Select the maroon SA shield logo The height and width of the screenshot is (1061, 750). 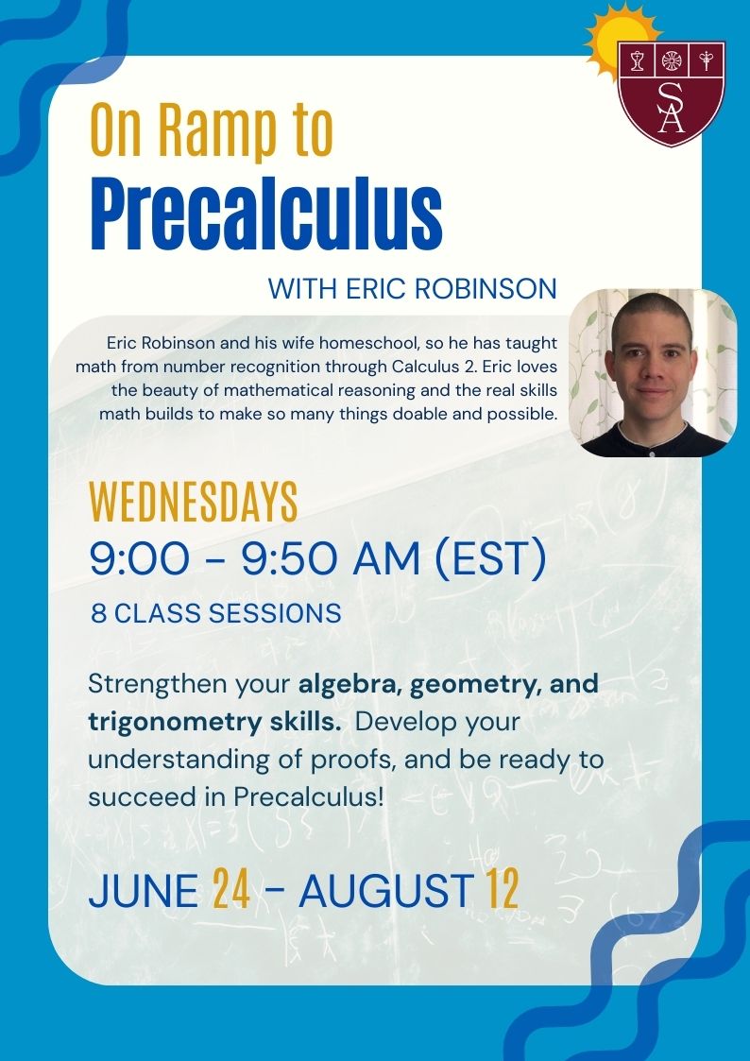[x=671, y=94]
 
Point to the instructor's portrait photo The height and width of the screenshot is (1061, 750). [x=653, y=373]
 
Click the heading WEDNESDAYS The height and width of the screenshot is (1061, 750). [x=194, y=502]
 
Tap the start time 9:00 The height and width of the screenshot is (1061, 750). [x=139, y=561]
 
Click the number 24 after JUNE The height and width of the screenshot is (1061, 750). [x=231, y=890]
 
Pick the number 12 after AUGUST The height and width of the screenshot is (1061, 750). [x=502, y=890]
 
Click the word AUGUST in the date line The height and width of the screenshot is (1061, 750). [x=386, y=890]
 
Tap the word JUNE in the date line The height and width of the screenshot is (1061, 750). [x=144, y=890]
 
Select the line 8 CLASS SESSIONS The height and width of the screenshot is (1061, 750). [x=216, y=614]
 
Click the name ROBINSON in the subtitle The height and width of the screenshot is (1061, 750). [x=486, y=289]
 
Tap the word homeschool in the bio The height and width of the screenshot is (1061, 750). [x=367, y=343]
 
